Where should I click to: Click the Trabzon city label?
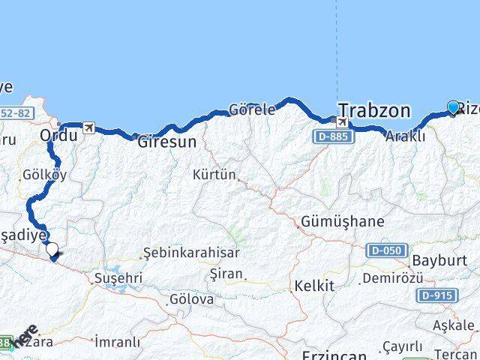(x=374, y=110)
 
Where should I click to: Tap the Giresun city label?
(x=167, y=141)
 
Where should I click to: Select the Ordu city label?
(x=58, y=136)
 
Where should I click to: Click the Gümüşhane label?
(x=342, y=222)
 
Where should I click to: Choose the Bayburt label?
(x=445, y=260)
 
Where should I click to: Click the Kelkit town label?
(x=313, y=286)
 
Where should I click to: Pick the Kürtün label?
(x=214, y=175)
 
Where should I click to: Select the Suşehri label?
(x=117, y=277)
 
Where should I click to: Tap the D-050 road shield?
(x=386, y=250)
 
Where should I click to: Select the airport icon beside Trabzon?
(x=343, y=122)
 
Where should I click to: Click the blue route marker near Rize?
(x=453, y=107)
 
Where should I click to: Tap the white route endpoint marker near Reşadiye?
(x=52, y=249)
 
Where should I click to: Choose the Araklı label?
(x=406, y=136)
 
